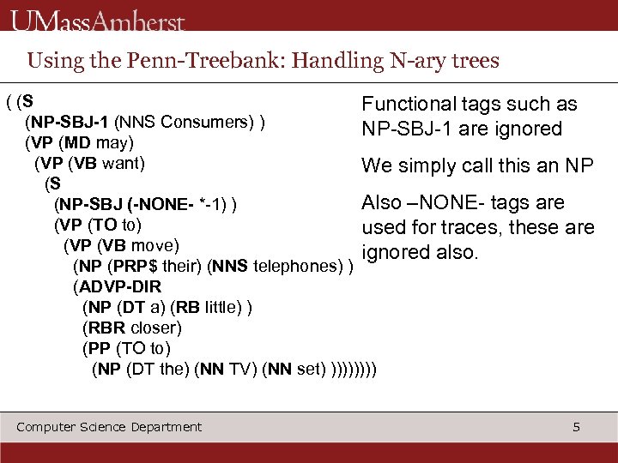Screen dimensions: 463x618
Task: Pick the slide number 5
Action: coord(577,427)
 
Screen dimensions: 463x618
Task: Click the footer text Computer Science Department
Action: coord(109,427)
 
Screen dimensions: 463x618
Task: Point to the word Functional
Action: coord(408,105)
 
